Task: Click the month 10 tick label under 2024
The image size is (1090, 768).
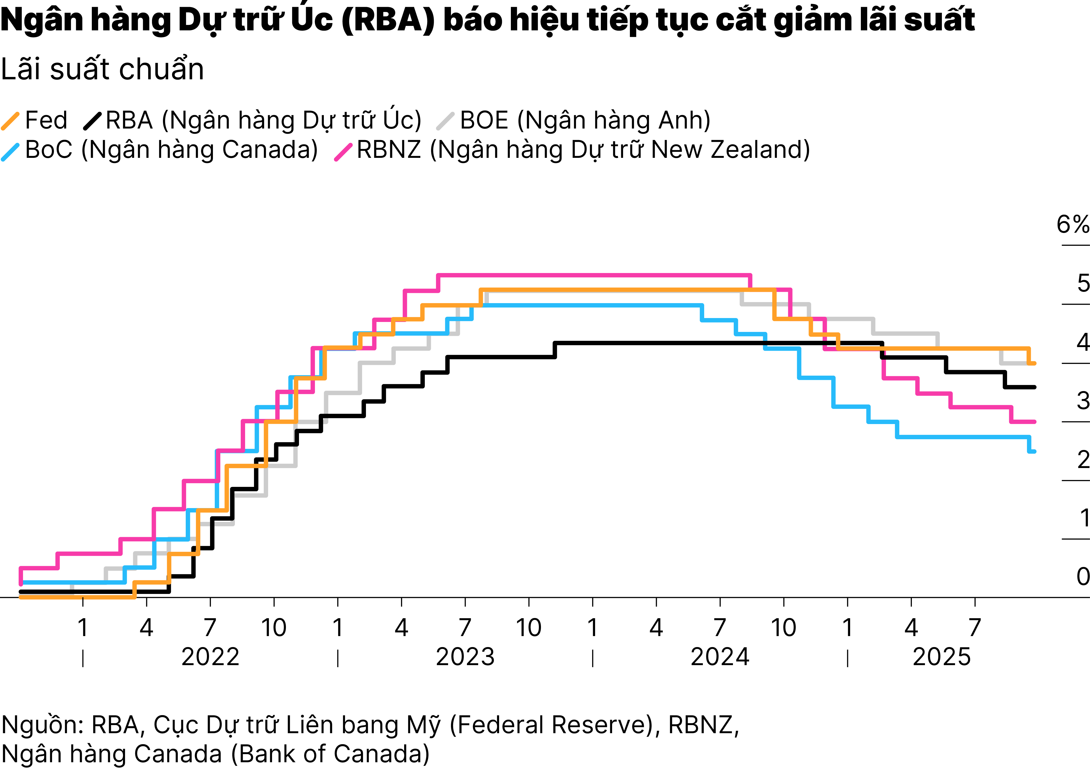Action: (783, 628)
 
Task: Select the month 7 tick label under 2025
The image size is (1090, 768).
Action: (975, 628)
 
